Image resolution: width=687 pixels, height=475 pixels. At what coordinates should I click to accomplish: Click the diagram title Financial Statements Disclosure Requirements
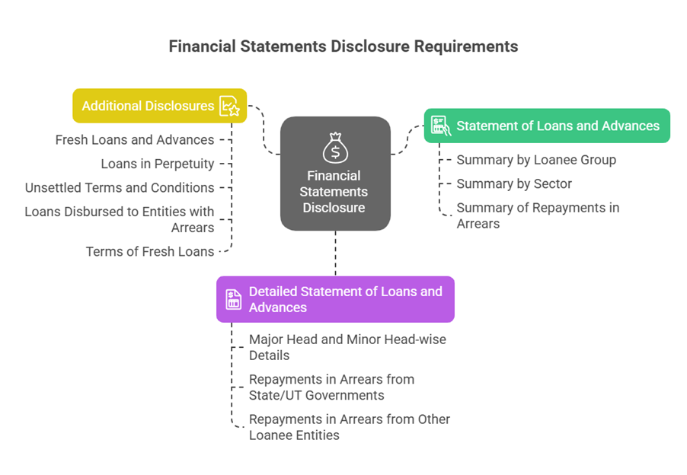pyautogui.click(x=343, y=46)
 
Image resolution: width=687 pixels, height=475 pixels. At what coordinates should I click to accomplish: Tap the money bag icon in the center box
pyautogui.click(x=335, y=148)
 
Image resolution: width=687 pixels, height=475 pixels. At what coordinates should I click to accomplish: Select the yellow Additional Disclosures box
pyautogui.click(x=149, y=106)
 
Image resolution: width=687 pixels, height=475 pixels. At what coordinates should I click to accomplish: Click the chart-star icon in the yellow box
pyautogui.click(x=229, y=106)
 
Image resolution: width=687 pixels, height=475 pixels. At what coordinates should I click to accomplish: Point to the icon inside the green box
pyautogui.click(x=439, y=126)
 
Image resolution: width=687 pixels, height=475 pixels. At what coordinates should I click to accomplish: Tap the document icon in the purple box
pyautogui.click(x=233, y=299)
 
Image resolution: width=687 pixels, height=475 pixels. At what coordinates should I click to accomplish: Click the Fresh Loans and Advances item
pyautogui.click(x=135, y=140)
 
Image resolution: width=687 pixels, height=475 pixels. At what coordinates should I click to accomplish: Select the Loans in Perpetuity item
pyautogui.click(x=158, y=164)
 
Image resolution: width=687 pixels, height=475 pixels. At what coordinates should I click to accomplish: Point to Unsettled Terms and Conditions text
pyautogui.click(x=120, y=187)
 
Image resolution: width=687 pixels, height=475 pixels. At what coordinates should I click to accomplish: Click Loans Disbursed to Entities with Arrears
pyautogui.click(x=120, y=219)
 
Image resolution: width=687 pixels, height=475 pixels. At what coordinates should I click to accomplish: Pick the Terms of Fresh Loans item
pyautogui.click(x=150, y=251)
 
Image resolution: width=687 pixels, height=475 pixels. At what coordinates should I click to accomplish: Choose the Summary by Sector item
pyautogui.click(x=514, y=183)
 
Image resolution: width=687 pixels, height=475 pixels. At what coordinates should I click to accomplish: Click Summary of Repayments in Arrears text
pyautogui.click(x=538, y=215)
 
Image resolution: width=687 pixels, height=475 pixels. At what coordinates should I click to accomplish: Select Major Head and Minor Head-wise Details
pyautogui.click(x=347, y=347)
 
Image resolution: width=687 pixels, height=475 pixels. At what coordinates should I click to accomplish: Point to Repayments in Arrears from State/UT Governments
pyautogui.click(x=331, y=387)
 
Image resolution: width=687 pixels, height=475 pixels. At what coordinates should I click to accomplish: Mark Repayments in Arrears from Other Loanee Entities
pyautogui.click(x=349, y=427)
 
